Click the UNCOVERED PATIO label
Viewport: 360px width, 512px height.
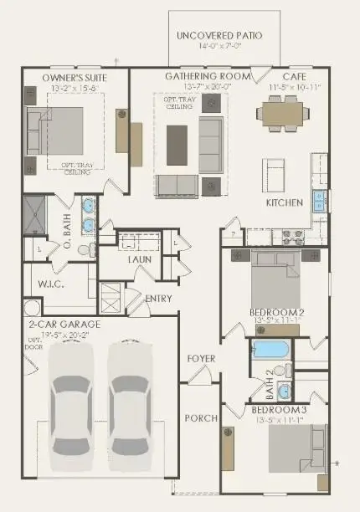[219, 36]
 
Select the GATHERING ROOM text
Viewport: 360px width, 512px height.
[196, 76]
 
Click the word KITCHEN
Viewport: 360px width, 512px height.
[283, 203]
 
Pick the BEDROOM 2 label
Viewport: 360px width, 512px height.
[275, 313]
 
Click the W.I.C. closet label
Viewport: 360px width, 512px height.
[52, 284]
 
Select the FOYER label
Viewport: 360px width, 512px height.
[202, 359]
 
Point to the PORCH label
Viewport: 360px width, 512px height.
[202, 417]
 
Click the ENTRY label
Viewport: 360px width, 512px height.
[158, 299]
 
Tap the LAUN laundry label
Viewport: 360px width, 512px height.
[138, 260]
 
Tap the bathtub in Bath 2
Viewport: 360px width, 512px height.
[270, 349]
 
